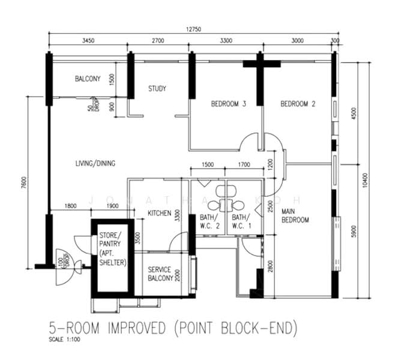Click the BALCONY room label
pos(88,79)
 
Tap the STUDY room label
pos(157,89)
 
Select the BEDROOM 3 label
pos(229,104)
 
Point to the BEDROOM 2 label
pos(298,104)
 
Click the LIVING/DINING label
pos(95,163)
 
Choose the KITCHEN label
pos(160,213)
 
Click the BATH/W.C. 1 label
pos(240,221)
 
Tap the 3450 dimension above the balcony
pos(88,41)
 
